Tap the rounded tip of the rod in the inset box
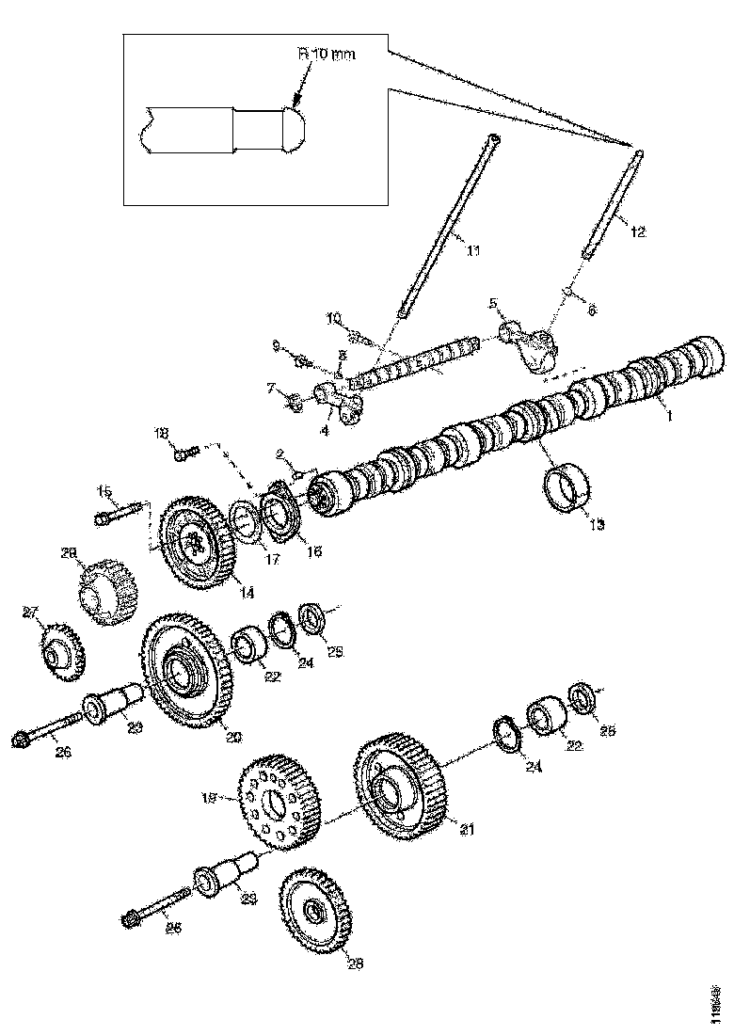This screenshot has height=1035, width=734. (296, 128)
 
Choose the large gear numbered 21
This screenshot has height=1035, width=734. (406, 787)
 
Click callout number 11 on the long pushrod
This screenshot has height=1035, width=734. (473, 249)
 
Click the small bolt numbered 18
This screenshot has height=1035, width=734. (182, 454)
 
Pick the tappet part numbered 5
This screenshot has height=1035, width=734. (525, 342)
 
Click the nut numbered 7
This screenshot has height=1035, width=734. (293, 405)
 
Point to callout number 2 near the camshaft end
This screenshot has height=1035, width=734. (279, 455)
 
